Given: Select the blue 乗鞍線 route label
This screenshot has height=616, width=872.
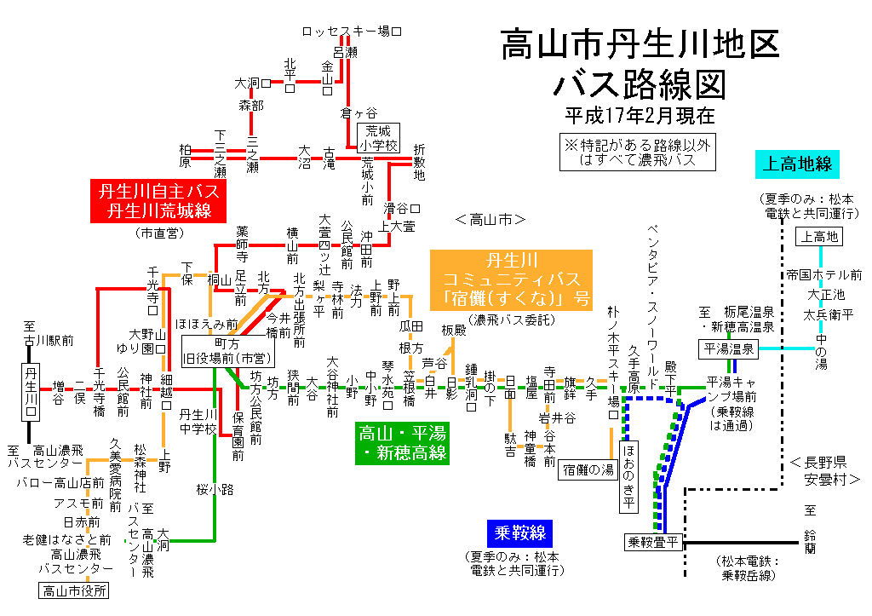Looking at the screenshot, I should [519, 534].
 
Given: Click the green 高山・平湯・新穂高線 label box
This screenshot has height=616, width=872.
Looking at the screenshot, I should [402, 442].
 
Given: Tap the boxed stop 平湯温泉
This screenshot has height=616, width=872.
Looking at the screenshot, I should [728, 348].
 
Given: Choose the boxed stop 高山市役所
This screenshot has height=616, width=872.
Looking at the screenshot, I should [75, 590].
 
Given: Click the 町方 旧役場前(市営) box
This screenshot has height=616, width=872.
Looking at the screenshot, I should [225, 349].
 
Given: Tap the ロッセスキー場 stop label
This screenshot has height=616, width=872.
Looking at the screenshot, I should [350, 31].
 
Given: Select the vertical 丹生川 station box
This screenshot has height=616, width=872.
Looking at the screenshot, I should [32, 390].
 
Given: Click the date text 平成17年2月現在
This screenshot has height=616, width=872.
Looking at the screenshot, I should [639, 113].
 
